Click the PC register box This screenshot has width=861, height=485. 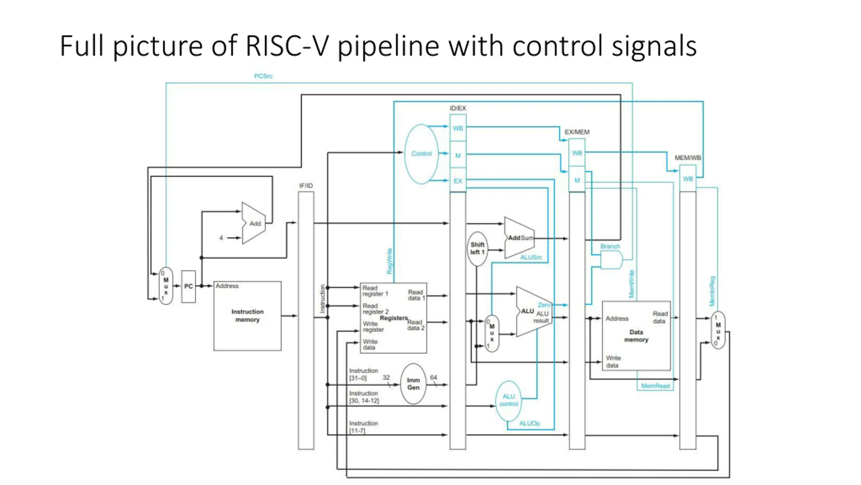tap(188, 286)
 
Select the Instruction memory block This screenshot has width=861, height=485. tap(248, 316)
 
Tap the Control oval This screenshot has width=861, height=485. tap(421, 154)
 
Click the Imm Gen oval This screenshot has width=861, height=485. tap(413, 384)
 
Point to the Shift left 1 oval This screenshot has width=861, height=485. tap(477, 249)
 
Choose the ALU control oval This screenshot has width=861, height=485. tap(509, 401)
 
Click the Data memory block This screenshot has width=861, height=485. tap(636, 336)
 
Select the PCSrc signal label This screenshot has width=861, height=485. tap(263, 76)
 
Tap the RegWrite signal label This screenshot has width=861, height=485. tap(389, 261)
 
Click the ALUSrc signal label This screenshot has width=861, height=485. tap(531, 257)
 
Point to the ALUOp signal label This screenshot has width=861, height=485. tap(529, 423)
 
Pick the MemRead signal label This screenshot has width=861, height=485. tap(656, 386)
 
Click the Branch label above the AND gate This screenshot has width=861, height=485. tap(610, 246)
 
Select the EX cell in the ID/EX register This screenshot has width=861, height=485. tap(458, 181)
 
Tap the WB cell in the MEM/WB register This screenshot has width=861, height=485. tap(688, 179)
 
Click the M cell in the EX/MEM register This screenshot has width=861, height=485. tap(577, 180)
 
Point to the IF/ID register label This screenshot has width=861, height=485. tap(306, 186)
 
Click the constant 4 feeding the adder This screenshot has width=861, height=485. tap(221, 238)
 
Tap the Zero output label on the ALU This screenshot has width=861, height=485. tap(544, 305)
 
